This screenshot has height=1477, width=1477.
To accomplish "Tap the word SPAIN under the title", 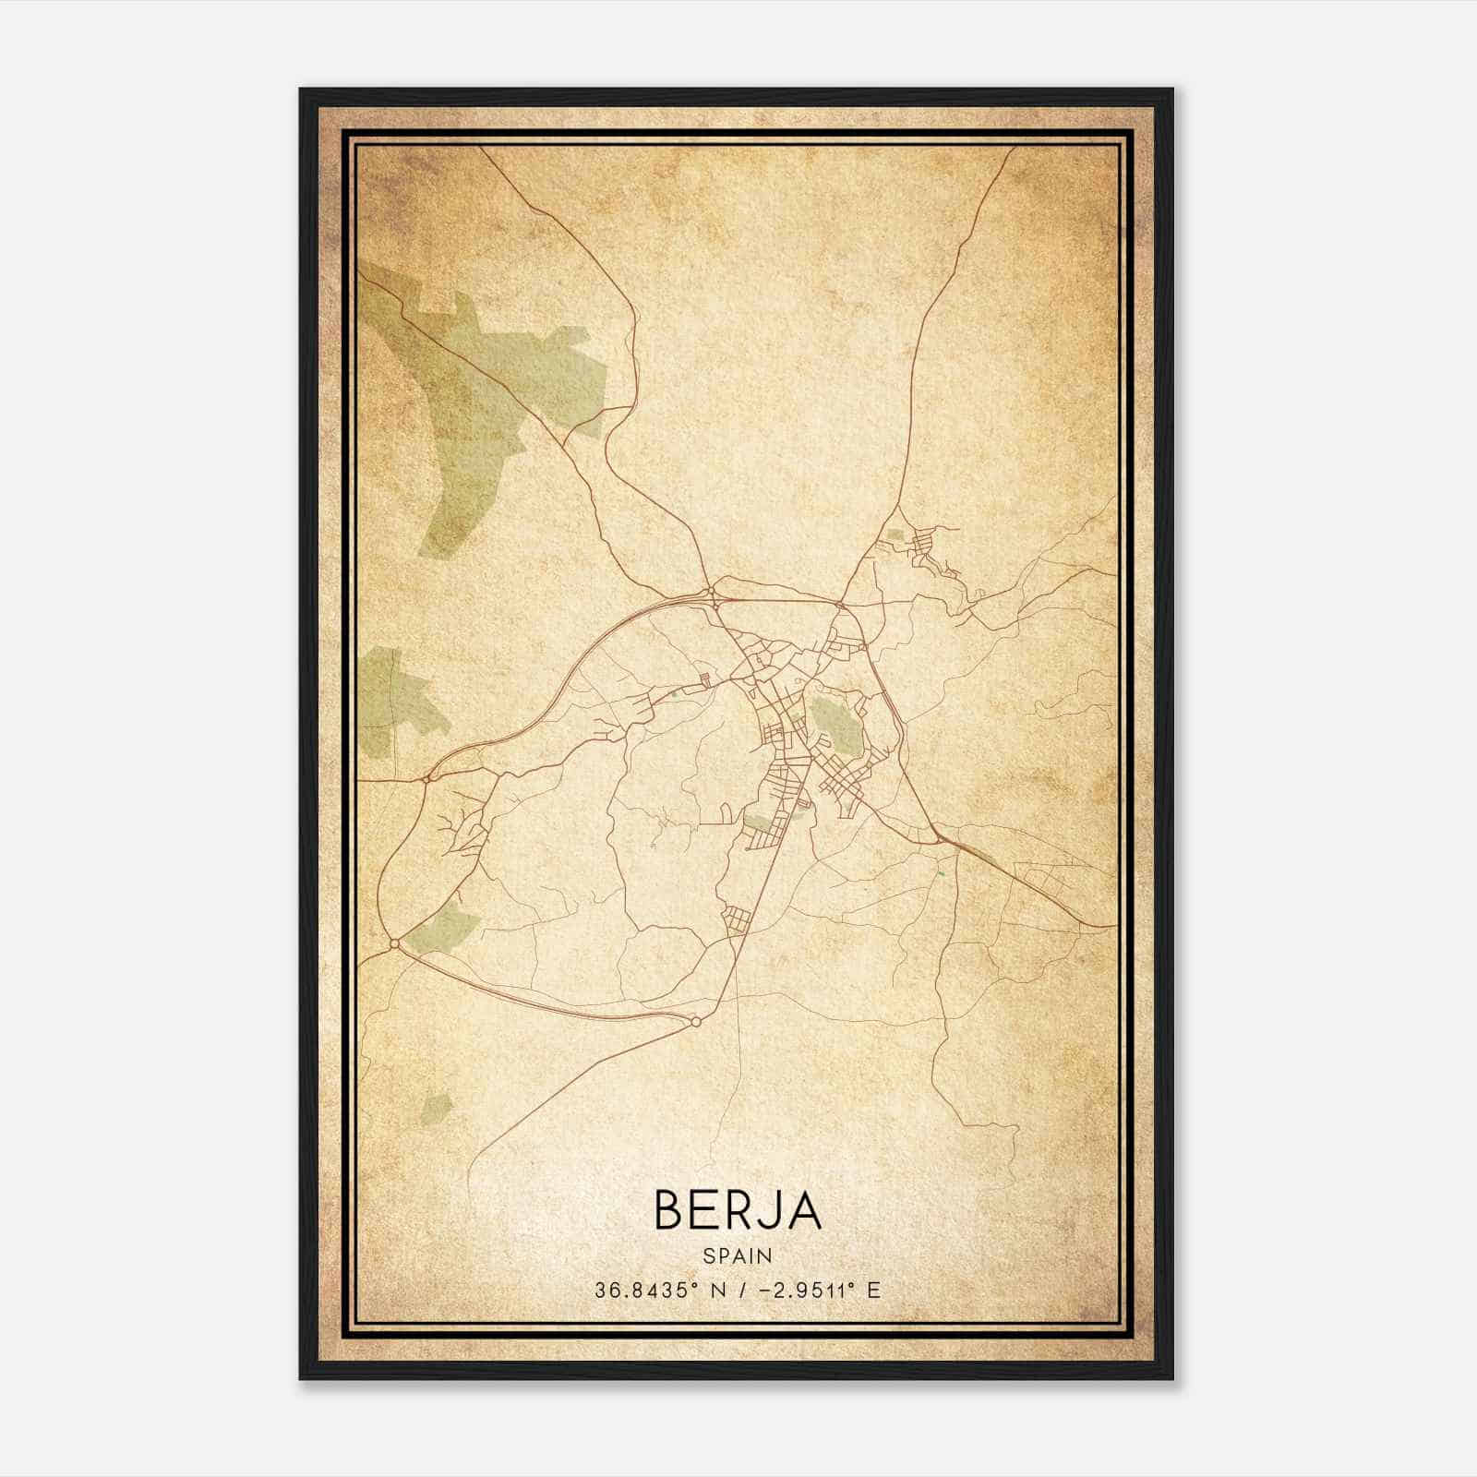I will click(x=738, y=1255).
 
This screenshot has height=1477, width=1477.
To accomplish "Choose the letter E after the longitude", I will click(x=873, y=1290).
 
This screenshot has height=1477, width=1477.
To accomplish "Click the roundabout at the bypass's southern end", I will click(x=695, y=1022).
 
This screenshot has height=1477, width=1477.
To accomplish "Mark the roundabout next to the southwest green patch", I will click(x=395, y=943).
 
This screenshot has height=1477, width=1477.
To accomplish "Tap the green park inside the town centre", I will click(x=836, y=724).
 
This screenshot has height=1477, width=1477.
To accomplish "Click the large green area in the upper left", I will click(x=480, y=388).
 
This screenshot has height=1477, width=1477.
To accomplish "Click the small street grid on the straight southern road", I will click(x=737, y=919).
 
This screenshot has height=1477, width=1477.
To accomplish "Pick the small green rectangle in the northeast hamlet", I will click(x=895, y=534).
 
